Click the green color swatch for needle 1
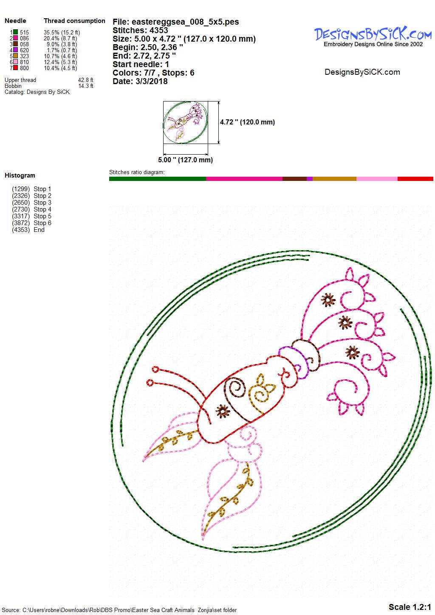pyautogui.click(x=16, y=32)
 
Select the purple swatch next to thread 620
pyautogui.click(x=16, y=50)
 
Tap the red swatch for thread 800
pyautogui.click(x=16, y=68)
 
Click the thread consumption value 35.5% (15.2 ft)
pyautogui.click(x=62, y=32)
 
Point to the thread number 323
pyautogui.click(x=24, y=56)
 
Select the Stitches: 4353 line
pyautogui.click(x=140, y=30)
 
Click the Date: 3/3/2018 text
pyautogui.click(x=140, y=81)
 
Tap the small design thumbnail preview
pyautogui.click(x=185, y=122)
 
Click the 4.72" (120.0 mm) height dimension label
pyautogui.click(x=247, y=122)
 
